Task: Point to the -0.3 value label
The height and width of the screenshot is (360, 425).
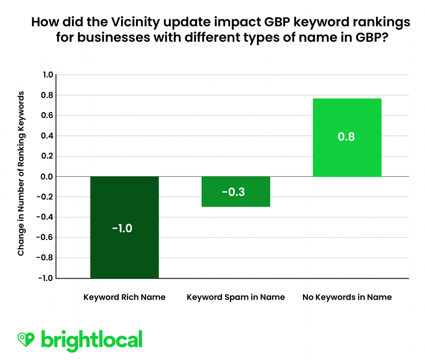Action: click(x=235, y=192)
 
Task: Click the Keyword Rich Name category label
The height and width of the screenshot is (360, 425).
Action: click(x=124, y=297)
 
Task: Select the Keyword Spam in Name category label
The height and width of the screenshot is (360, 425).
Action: click(x=235, y=297)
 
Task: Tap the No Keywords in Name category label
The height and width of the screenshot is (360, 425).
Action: click(x=347, y=297)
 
